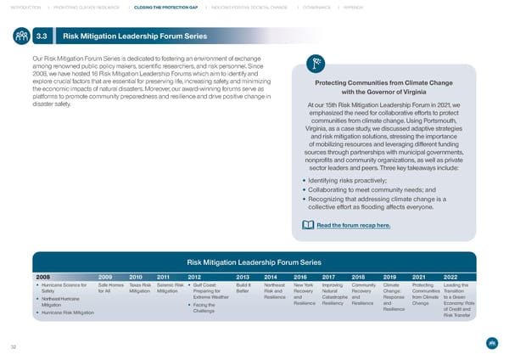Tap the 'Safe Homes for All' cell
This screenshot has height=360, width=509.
109,290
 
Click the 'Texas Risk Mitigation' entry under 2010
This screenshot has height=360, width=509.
139,290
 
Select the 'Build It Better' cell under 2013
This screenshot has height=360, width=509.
243,290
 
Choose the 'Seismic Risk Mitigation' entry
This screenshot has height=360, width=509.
168,290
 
